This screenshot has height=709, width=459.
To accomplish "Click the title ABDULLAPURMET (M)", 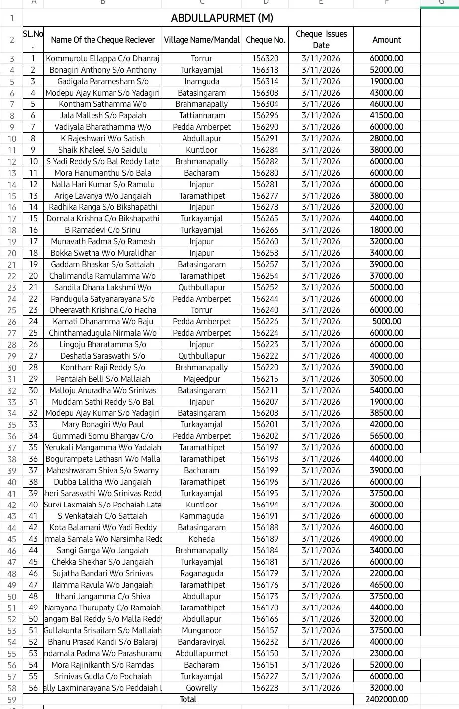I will coord(222,18).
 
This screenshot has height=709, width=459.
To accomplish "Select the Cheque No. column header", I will coord(266,40).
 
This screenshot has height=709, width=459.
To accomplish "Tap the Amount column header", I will coord(386,40).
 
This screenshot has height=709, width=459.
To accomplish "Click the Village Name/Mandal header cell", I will coord(201,40).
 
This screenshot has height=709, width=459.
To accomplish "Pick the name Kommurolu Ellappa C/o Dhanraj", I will coord(102,58).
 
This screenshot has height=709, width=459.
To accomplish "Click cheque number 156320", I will coord(266,58).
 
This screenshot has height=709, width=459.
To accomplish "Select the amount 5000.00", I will coord(386,321).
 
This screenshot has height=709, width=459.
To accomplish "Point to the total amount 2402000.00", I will coord(386,699).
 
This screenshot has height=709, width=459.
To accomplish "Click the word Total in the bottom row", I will coord(188,699).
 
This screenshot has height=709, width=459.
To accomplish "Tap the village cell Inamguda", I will coord(201,81).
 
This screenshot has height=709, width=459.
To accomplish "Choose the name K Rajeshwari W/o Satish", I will coord(102,138).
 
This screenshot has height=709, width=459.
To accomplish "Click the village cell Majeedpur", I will coord(201,379).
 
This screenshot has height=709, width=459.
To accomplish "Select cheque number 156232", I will coord(266,642).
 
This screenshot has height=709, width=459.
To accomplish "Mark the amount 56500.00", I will coord(386,436).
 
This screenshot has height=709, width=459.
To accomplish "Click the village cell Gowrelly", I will coord(201,688).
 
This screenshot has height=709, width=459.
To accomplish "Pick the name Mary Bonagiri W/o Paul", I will coord(102,424).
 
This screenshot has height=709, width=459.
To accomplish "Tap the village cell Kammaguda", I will coord(201,516).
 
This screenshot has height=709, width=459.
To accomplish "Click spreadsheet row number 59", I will coord(12,699).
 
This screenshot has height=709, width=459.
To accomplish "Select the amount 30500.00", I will coord(386,379).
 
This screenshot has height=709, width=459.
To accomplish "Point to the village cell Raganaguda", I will coord(201,573).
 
